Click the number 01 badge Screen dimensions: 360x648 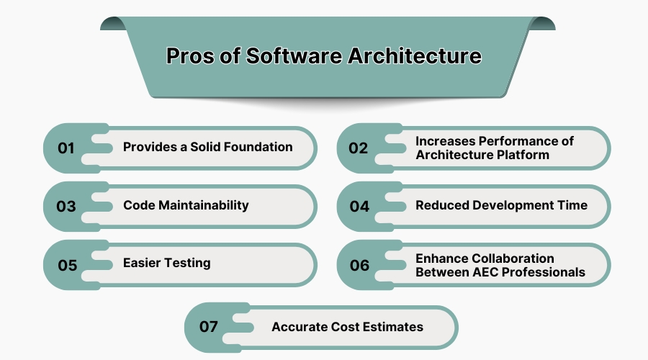point(66,148)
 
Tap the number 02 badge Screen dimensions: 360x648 point(359,148)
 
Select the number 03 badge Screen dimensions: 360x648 point(66,207)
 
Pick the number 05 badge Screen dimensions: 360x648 point(67,265)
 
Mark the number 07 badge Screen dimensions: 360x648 point(209,327)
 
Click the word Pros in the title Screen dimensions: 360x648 point(192,56)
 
